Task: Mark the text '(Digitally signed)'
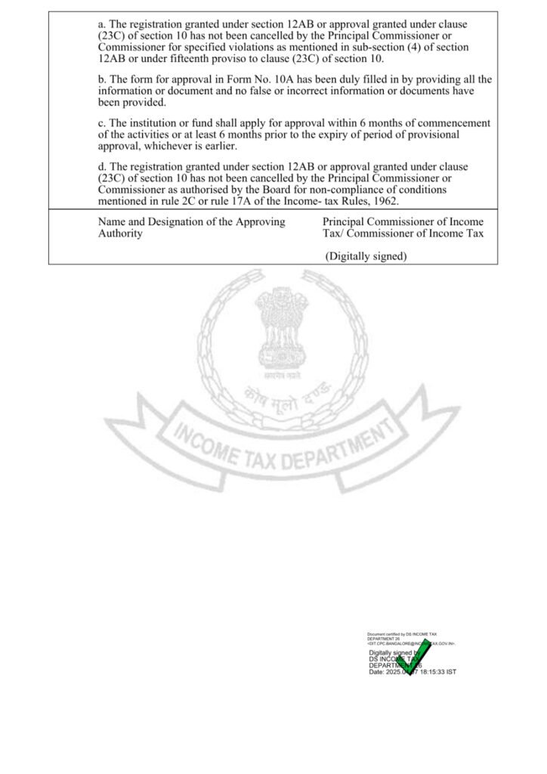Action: tap(366, 256)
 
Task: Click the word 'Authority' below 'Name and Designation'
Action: tap(120, 234)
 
